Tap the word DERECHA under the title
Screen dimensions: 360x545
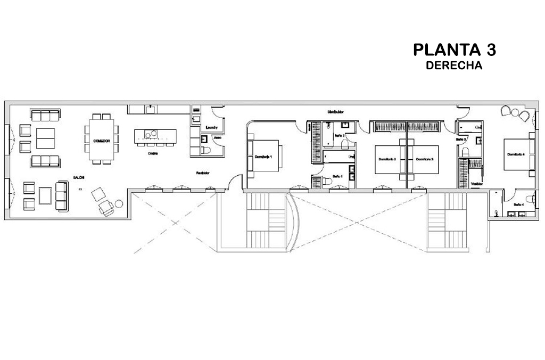tap(454, 66)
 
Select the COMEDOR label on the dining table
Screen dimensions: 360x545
tap(101, 141)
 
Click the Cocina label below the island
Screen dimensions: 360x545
tap(153, 153)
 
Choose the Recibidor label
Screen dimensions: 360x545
tap(202, 173)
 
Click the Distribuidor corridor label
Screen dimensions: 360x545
tap(335, 112)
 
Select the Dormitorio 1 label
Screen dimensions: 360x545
tap(264, 157)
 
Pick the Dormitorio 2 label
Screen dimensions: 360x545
tap(387, 159)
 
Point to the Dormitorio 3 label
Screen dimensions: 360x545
tap(424, 159)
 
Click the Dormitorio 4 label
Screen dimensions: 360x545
tap(516, 154)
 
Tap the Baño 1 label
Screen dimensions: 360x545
tap(337, 176)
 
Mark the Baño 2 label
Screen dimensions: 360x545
tap(340, 136)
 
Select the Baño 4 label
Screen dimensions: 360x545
tap(518, 204)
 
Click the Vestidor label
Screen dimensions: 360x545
tap(477, 183)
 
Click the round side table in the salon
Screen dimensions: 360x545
tap(118, 202)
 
